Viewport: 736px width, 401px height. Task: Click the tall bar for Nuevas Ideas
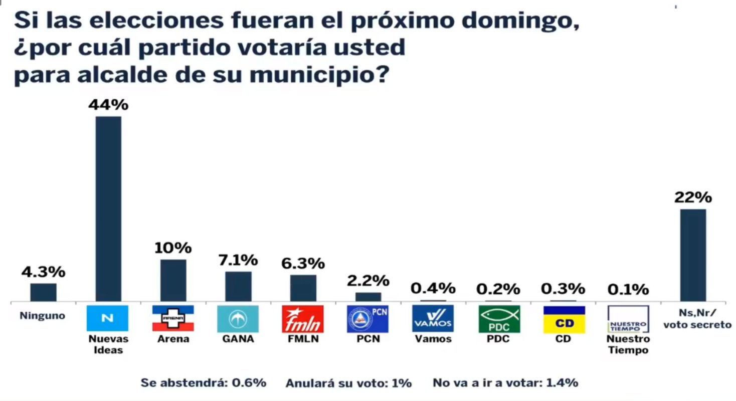108,209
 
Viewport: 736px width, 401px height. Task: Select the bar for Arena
173,280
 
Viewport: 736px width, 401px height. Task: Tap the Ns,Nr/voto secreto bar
693,255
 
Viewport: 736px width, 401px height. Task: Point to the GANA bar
238,286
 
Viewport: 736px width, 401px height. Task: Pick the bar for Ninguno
43,292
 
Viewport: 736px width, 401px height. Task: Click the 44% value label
108,105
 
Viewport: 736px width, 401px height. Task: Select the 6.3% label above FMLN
302,263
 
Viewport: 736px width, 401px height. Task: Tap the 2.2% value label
367,280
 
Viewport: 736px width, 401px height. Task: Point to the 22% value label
693,198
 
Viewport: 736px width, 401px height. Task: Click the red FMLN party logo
303,319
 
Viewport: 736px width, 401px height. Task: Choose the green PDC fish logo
497,319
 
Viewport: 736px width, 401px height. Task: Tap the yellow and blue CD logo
564,319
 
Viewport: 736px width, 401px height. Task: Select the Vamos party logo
433,318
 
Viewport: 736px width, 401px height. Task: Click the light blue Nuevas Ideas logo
108,318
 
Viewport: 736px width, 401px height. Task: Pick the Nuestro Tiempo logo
628,319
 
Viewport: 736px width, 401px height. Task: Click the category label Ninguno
43,316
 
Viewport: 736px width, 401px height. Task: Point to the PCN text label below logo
368,339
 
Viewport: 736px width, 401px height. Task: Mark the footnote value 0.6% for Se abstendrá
249,383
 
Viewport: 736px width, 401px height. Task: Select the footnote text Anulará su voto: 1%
348,383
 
